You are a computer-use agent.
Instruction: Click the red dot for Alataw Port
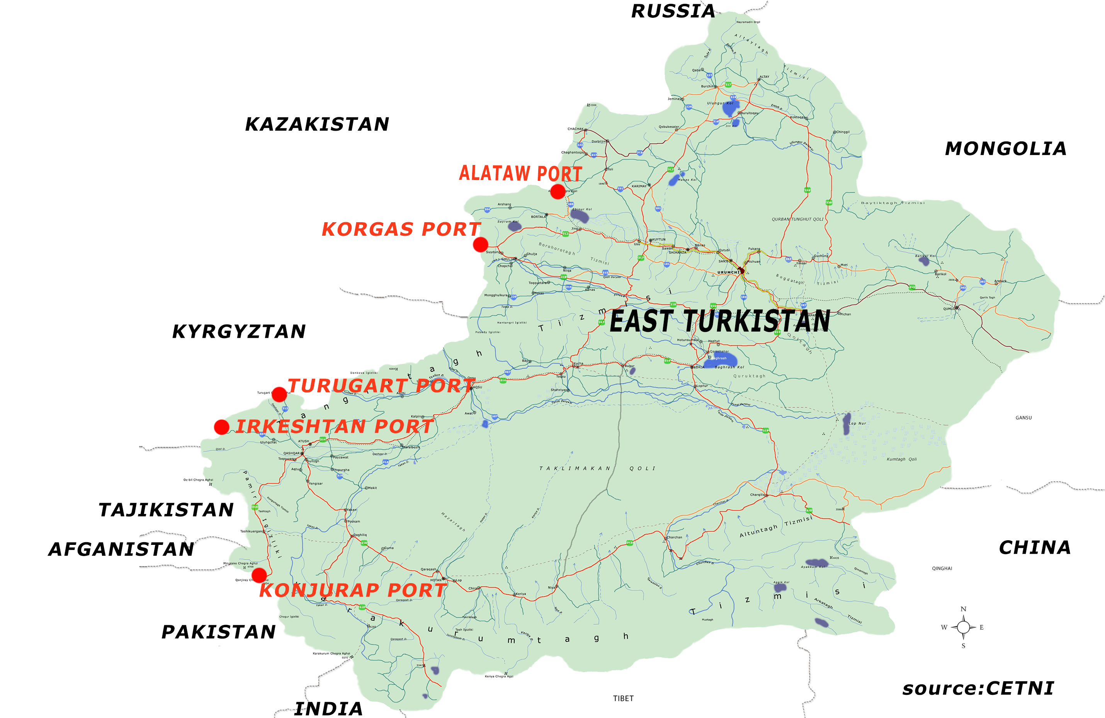558,191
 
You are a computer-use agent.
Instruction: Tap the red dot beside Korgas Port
481,244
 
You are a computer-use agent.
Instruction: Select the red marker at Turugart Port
279,394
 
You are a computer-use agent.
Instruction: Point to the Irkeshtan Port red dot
221,427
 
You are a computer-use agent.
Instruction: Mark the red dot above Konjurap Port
259,575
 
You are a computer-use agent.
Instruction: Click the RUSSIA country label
673,11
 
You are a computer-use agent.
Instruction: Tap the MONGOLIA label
1006,149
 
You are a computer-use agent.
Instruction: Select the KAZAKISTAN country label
317,124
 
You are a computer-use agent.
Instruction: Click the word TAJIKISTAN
166,510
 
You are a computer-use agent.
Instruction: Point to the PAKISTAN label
218,632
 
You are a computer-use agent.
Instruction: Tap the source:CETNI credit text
978,688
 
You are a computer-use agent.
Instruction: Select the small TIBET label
623,699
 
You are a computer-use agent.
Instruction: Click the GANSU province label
1023,417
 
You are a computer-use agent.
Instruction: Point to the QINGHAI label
942,568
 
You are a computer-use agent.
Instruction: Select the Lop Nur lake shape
847,424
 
